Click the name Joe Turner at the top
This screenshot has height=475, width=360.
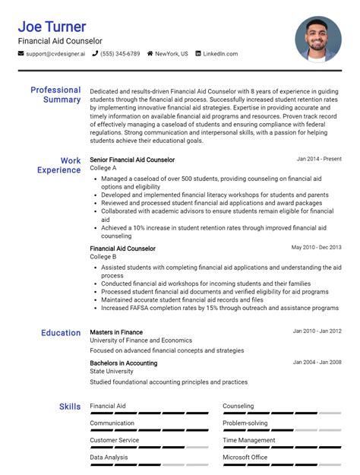click(52, 27)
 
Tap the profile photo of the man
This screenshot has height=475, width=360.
click(317, 39)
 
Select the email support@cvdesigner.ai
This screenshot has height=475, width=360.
click(55, 54)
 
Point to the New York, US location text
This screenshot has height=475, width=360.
click(171, 54)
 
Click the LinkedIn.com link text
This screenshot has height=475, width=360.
click(220, 54)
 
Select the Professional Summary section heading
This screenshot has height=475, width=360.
click(55, 95)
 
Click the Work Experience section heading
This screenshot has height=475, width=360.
click(59, 166)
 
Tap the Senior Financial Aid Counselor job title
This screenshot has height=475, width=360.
click(132, 160)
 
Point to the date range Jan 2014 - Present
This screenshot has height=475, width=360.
click(319, 160)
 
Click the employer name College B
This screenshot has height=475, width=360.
click(103, 257)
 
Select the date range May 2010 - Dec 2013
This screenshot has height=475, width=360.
click(316, 248)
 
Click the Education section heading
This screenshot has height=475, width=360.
click(61, 333)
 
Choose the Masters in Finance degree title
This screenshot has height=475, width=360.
click(116, 332)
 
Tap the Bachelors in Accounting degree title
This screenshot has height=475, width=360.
click(124, 363)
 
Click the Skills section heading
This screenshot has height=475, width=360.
click(70, 407)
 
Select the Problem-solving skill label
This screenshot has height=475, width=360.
click(245, 423)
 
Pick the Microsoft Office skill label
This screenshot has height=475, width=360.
click(245, 458)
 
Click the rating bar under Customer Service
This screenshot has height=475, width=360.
click(149, 448)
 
